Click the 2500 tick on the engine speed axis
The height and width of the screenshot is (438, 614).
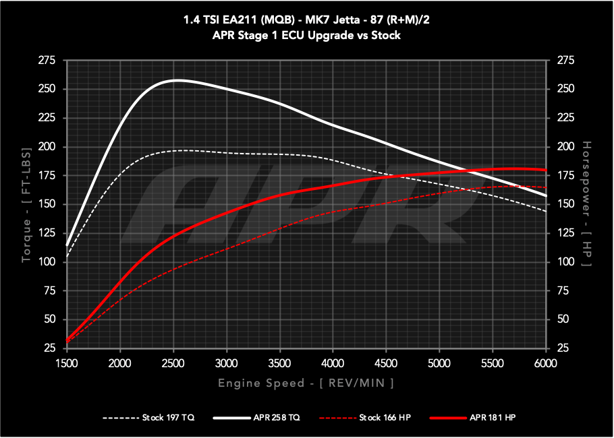[173, 363]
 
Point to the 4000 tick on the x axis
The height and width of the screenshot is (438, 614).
[332, 363]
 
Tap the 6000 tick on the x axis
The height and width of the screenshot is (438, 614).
[545, 363]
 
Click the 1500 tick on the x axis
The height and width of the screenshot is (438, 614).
[66, 363]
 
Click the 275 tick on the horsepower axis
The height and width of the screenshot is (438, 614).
[564, 61]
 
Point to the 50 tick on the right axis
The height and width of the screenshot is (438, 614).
[561, 319]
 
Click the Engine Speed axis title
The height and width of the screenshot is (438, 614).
[306, 383]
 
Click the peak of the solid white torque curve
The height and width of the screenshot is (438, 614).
[175, 80]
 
